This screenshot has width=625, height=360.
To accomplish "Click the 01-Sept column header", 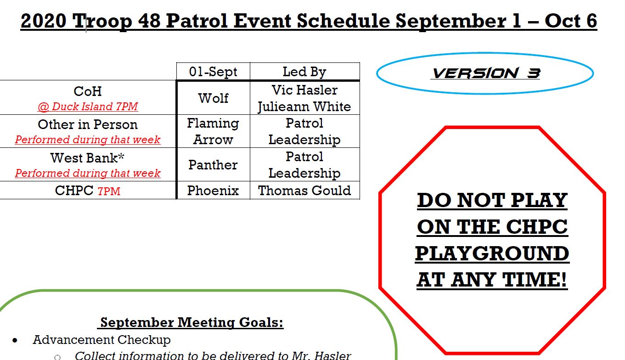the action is [x=213, y=72].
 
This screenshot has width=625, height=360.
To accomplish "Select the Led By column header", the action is [x=304, y=72].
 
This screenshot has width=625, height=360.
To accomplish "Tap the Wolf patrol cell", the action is [x=213, y=98].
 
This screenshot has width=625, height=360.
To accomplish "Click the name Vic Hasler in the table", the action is [x=304, y=90].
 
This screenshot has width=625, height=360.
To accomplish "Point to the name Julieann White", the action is [x=304, y=107].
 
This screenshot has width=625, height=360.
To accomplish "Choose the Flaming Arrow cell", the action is [x=213, y=131].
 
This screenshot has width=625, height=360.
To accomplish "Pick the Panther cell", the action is [x=213, y=165].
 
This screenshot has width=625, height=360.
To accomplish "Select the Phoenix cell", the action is [x=213, y=191].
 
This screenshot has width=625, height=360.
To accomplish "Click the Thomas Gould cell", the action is [x=304, y=191].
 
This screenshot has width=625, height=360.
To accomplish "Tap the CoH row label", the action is [x=88, y=91].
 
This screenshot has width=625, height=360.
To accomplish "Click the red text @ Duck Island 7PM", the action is [x=88, y=107].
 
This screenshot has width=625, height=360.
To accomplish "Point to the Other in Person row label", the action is [x=88, y=124].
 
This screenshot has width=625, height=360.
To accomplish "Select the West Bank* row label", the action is [x=87, y=158].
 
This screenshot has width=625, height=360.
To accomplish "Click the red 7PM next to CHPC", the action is [x=109, y=191].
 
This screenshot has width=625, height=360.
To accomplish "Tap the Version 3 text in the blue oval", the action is [x=486, y=73].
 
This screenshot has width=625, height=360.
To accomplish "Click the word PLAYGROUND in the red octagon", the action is [x=492, y=253].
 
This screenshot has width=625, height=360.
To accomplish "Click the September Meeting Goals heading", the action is [x=191, y=322].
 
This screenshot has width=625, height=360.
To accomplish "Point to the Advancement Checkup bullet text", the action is [x=101, y=340].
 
